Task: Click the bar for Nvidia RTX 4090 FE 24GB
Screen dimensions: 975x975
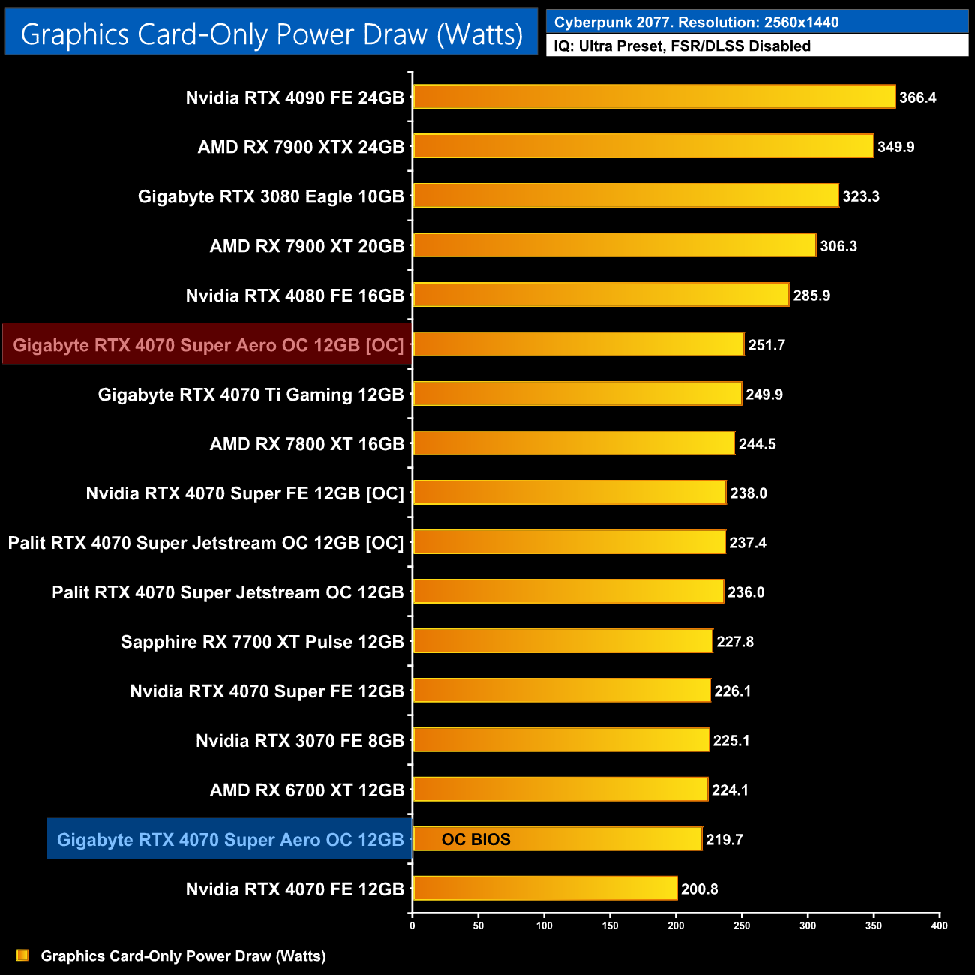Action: coord(654,97)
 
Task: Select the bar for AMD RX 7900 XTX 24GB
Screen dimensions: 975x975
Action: coord(643,146)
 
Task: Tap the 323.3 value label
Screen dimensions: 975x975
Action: coord(860,196)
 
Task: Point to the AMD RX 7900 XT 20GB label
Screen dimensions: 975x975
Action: coord(307,246)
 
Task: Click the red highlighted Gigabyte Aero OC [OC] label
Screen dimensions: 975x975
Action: coord(208,345)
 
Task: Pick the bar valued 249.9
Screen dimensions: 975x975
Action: coord(577,394)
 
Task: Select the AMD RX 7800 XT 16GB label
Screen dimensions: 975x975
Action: coord(307,444)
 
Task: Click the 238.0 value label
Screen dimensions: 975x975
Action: coord(748,493)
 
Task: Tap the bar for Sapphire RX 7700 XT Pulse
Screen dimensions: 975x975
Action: coord(562,641)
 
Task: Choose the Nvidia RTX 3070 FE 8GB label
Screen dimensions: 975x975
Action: coord(300,741)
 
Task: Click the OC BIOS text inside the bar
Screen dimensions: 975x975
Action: coord(475,840)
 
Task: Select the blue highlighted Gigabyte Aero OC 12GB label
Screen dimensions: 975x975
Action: coord(230,840)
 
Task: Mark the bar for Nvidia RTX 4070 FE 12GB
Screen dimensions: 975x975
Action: coord(545,889)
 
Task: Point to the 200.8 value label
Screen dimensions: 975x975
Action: coord(699,889)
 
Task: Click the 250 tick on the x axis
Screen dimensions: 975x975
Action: coord(742,925)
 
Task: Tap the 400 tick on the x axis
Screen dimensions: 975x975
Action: coord(939,925)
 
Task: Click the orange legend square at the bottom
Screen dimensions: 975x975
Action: coord(22,955)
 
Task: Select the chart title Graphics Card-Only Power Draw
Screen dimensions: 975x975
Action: coord(271,34)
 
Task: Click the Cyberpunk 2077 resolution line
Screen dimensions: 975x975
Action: coord(696,22)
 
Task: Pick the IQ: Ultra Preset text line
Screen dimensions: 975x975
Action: coord(682,46)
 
